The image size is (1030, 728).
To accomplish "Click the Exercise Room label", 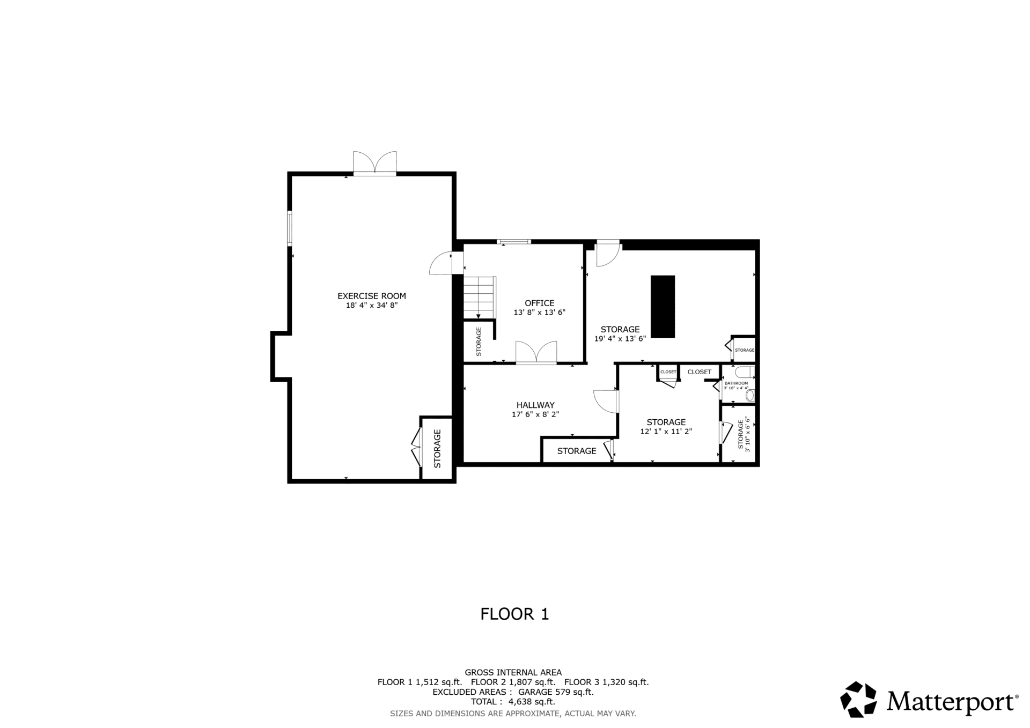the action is click(x=371, y=296).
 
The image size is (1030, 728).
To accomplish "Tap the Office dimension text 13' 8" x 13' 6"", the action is click(x=540, y=313).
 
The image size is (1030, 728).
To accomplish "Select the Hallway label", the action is click(x=535, y=405).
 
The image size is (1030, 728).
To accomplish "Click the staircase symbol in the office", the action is click(x=480, y=298).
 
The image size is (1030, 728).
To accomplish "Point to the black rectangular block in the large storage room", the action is click(x=663, y=307).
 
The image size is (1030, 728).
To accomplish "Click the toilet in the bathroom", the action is click(x=750, y=395).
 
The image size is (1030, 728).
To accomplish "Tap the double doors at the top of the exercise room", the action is click(x=375, y=162).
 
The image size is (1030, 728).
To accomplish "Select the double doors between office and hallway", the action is click(x=536, y=353).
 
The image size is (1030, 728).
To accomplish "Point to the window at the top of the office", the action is click(x=514, y=242).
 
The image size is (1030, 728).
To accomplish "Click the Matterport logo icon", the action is click(x=858, y=699).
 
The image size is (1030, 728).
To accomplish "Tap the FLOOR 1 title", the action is click(x=515, y=614).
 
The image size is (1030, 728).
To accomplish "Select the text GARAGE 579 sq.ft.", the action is click(x=556, y=692).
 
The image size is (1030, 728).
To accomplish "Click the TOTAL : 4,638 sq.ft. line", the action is click(x=513, y=702).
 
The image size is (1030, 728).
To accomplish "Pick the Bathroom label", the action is click(x=736, y=383).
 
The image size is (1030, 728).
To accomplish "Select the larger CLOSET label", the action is click(x=700, y=372).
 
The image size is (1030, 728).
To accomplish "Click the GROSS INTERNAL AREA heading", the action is click(x=513, y=672).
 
